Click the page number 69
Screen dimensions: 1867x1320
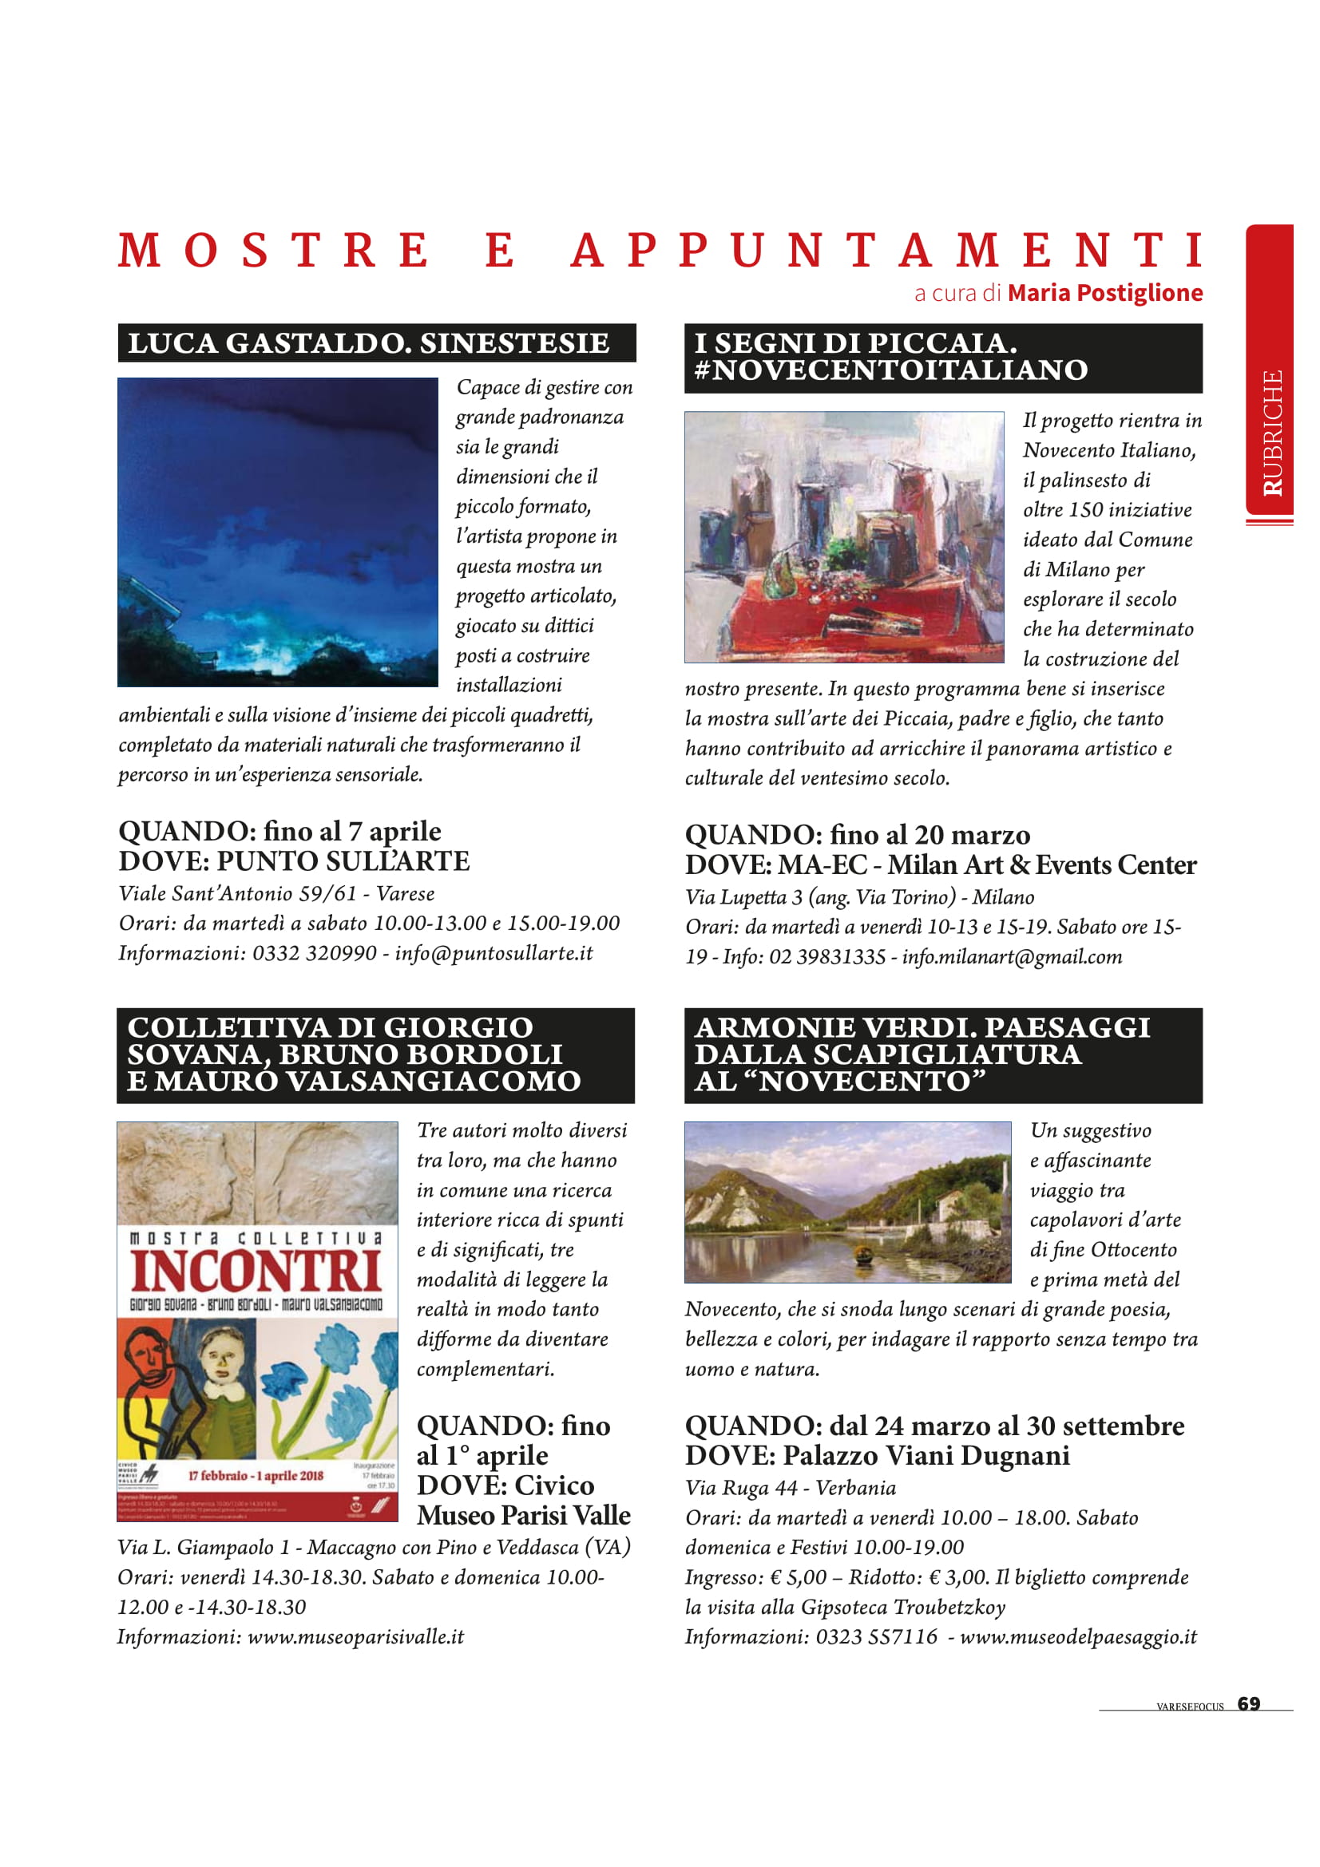[1248, 1703]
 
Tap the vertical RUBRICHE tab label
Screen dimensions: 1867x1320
[1272, 433]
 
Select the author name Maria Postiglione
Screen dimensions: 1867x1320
[1104, 293]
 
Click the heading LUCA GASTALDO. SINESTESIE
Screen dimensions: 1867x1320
[368, 343]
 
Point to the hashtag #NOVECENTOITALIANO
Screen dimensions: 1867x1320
[890, 371]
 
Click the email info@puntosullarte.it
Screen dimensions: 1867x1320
[494, 953]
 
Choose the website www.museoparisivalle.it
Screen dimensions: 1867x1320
[355, 1636]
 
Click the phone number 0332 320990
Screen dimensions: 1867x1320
[315, 953]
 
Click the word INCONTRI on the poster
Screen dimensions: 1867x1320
[256, 1272]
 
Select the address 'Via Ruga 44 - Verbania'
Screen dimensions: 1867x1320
[790, 1488]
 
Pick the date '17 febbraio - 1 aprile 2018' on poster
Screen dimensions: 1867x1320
[256, 1476]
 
